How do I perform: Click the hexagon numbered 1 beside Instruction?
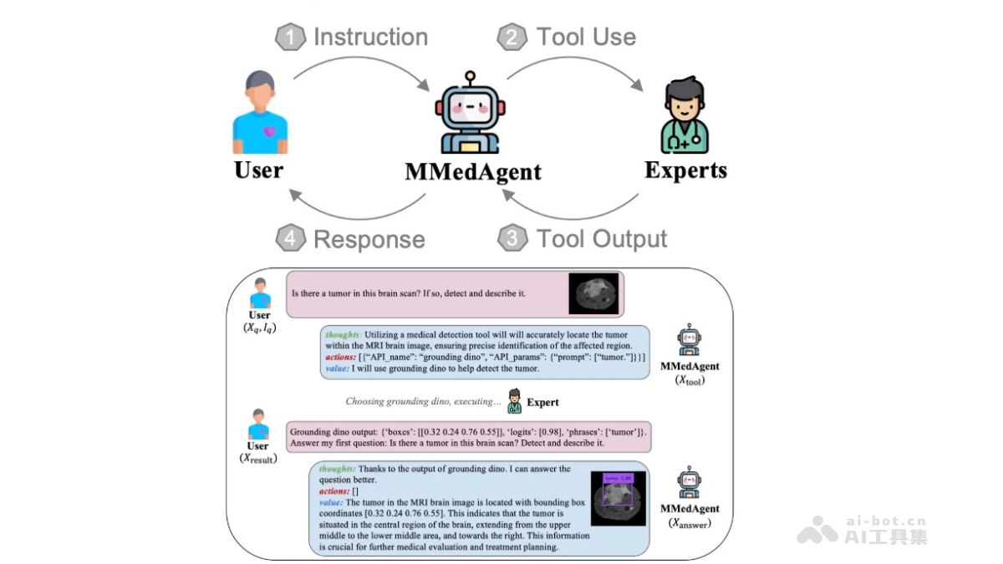pyautogui.click(x=290, y=38)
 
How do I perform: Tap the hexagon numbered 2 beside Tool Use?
pyautogui.click(x=512, y=38)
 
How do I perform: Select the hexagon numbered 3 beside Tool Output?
pyautogui.click(x=512, y=239)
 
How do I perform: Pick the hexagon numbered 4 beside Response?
pyautogui.click(x=290, y=239)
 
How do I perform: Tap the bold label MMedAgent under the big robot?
pyautogui.click(x=473, y=172)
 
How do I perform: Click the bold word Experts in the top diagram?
pyautogui.click(x=685, y=170)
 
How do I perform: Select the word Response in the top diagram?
pyautogui.click(x=369, y=240)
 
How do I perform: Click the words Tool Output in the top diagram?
pyautogui.click(x=601, y=239)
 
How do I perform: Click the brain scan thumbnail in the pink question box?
pyautogui.click(x=593, y=294)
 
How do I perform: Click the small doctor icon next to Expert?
pyautogui.click(x=515, y=400)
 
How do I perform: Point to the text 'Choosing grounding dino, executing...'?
pyautogui.click(x=423, y=402)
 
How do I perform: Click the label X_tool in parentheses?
pyautogui.click(x=689, y=380)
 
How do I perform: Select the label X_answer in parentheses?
pyautogui.click(x=689, y=523)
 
